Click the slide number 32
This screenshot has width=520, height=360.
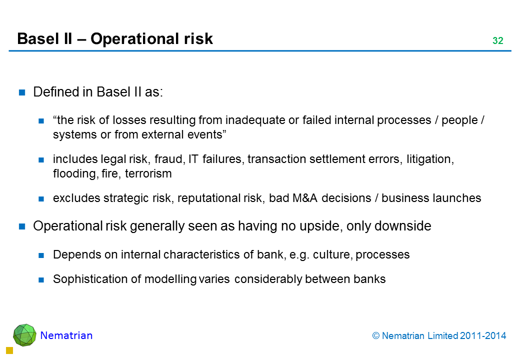point(498,40)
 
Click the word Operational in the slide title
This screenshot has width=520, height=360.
point(135,39)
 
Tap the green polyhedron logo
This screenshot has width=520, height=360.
point(24,335)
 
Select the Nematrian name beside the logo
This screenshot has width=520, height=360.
point(66,335)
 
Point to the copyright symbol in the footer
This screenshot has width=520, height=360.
point(375,336)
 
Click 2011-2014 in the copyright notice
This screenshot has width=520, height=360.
point(483,336)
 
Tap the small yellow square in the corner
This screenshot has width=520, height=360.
point(9,350)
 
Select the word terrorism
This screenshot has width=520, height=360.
point(148,173)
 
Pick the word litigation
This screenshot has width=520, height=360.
point(430,159)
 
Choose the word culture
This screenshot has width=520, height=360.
point(332,254)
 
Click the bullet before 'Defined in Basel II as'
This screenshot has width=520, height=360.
point(22,92)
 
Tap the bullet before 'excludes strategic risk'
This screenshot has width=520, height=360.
point(41,199)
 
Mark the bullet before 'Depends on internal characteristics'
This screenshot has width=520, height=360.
point(41,255)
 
